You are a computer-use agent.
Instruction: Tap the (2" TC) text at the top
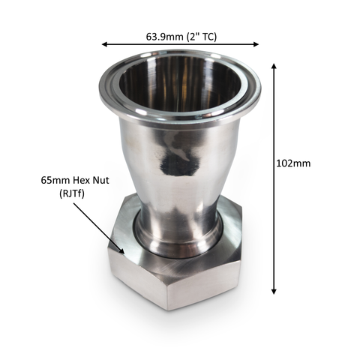coord(202,37)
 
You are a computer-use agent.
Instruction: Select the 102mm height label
coord(293,163)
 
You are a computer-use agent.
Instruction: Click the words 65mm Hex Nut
coord(75,180)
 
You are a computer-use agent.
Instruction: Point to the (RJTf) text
coord(72,193)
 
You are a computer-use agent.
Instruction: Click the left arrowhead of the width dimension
coord(104,44)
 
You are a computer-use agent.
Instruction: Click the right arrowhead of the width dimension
coord(256,44)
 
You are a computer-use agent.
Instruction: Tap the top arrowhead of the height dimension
coord(274,66)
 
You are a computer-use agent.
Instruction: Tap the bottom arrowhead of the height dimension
coord(274,292)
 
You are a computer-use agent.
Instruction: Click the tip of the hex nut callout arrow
coord(124,253)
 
